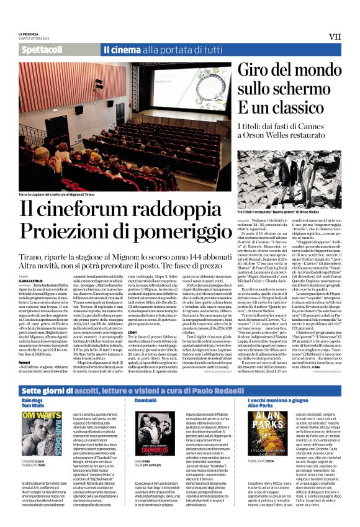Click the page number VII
pos(335,37)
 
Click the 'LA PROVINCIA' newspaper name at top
pos(31,34)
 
